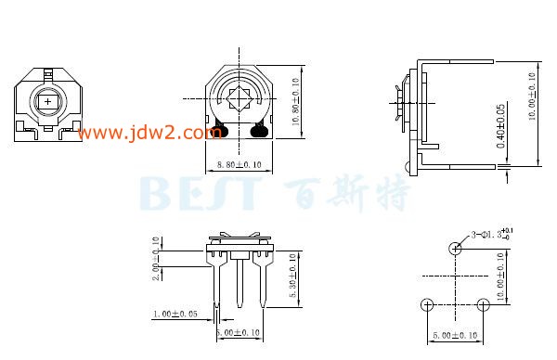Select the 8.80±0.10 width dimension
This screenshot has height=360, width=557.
[238, 164]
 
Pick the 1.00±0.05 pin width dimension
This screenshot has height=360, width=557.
[181, 315]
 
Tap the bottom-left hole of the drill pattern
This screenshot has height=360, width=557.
[426, 304]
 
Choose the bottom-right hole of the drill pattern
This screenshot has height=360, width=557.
[482, 304]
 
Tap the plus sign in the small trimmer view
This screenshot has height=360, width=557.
[46, 101]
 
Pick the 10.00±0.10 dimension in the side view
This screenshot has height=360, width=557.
[532, 97]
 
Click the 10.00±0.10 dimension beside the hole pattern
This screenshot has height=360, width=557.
[502, 276]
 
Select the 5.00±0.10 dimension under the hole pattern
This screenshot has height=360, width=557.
[453, 335]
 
